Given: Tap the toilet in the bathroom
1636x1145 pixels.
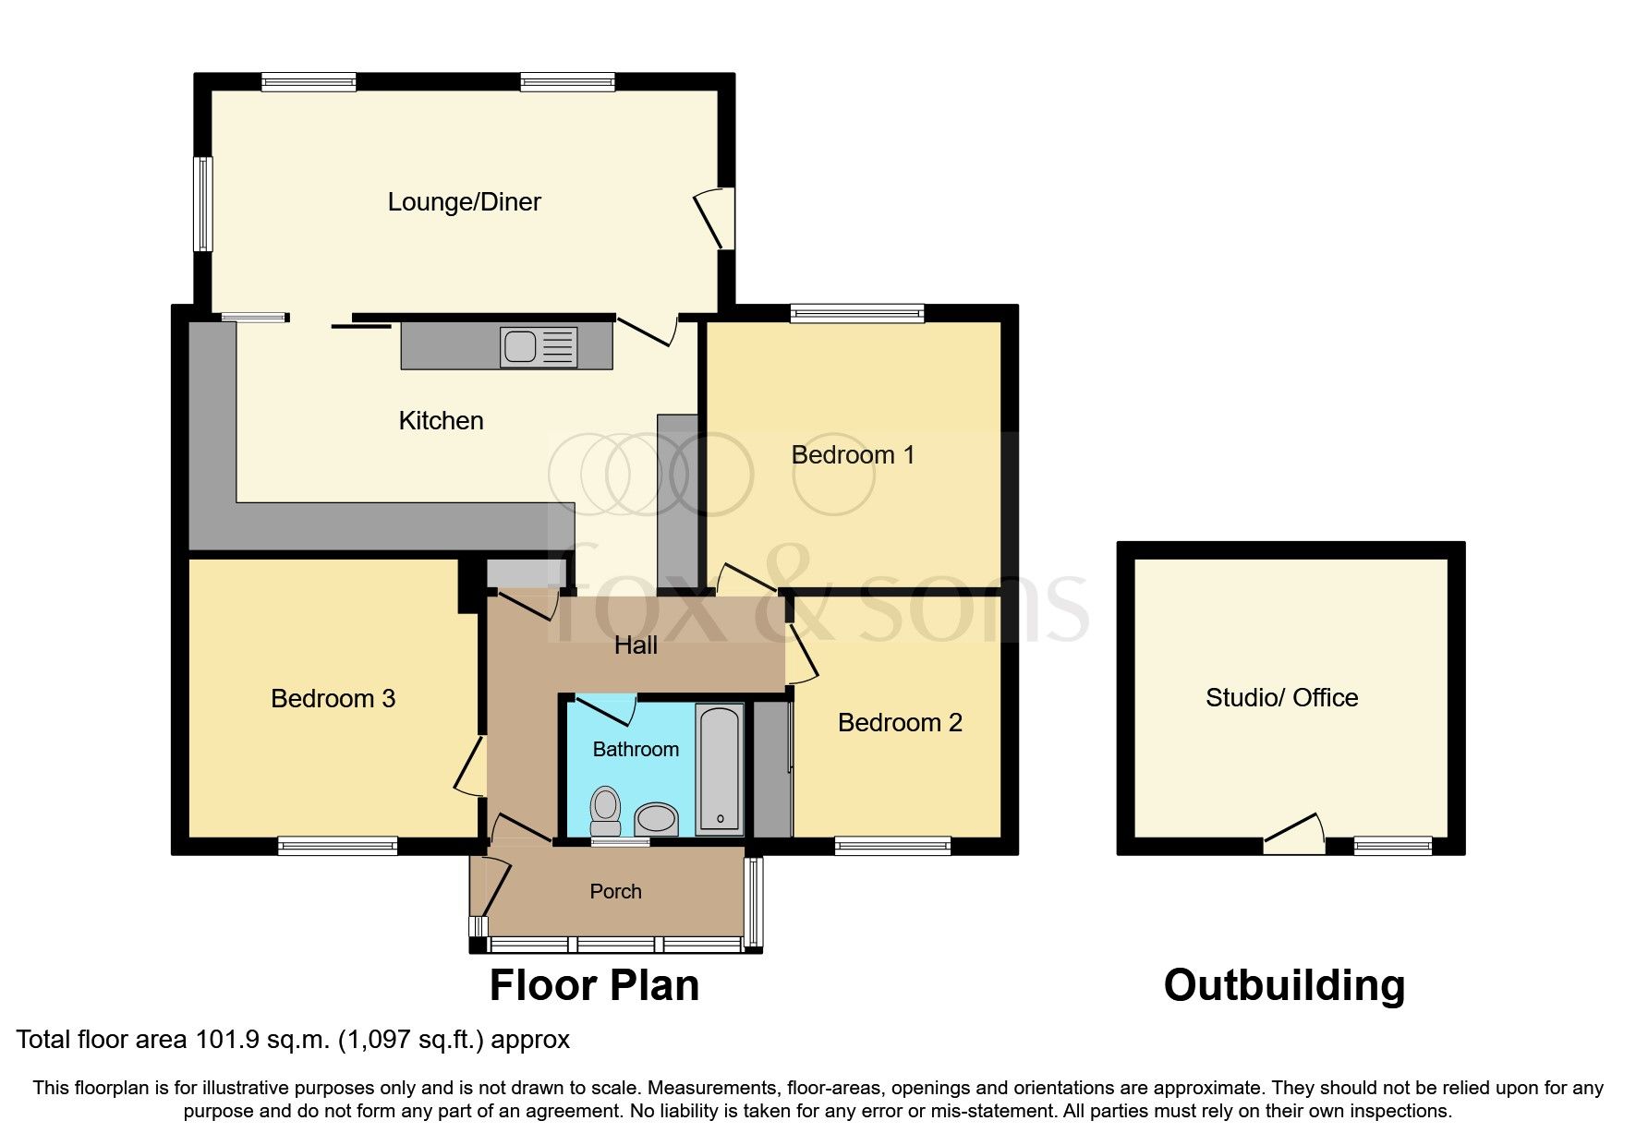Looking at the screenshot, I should (606, 808).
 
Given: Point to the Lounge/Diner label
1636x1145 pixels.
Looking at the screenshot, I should (464, 201).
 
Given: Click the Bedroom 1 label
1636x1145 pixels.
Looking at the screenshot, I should (853, 454).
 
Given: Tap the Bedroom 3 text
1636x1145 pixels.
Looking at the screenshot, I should (333, 698).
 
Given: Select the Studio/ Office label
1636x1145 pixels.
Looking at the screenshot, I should (1281, 697).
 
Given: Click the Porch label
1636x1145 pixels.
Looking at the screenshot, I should (615, 891).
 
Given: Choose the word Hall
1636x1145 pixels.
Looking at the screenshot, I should (636, 645).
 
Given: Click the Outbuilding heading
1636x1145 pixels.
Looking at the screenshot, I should (1284, 985).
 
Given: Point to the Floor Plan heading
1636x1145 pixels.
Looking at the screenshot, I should (594, 985).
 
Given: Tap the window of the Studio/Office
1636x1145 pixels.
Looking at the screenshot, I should (1392, 845).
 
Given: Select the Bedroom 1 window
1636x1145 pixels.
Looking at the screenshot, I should (857, 314).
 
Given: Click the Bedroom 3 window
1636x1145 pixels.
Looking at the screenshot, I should (338, 845).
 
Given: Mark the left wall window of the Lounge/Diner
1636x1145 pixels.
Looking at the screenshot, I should (202, 203).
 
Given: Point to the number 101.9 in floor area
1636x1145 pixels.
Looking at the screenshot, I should (220, 1040).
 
